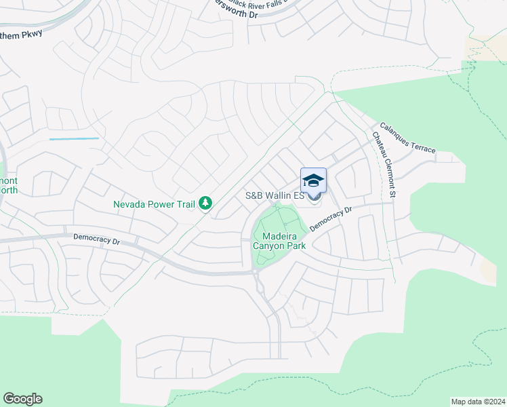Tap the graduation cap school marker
pos(313,181)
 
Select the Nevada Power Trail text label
pos(154,203)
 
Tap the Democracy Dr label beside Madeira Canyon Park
pos(331,219)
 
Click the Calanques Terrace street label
pos(407,136)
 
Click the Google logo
pos(22,399)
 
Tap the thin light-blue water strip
pos(74,138)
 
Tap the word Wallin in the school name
pos(278,195)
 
